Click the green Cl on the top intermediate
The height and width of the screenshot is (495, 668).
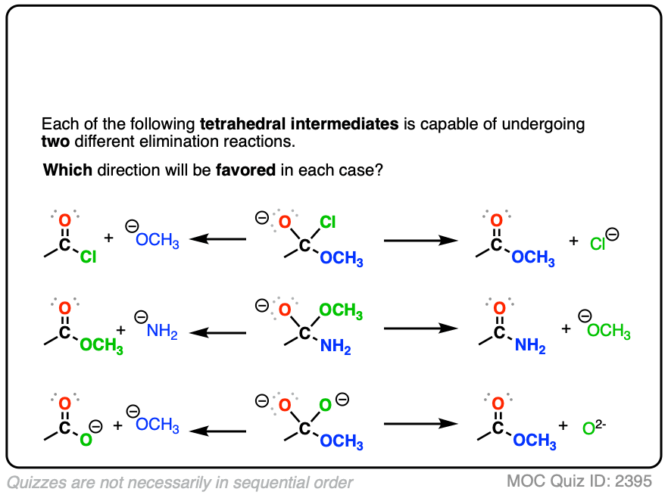tap(327, 222)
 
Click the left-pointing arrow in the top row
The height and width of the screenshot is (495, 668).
tap(218, 239)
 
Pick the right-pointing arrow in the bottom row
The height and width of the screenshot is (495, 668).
tap(421, 424)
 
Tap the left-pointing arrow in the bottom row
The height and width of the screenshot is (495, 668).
tap(218, 431)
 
